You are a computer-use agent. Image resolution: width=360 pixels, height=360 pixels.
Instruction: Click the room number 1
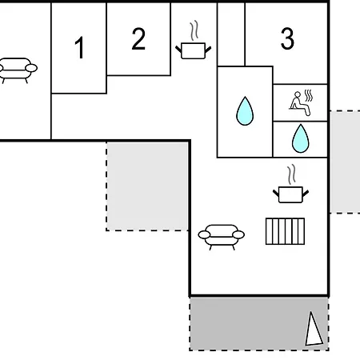(80, 47)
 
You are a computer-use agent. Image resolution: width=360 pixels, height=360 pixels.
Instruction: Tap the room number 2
(138, 39)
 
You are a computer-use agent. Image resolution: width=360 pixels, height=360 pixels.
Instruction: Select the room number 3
(287, 38)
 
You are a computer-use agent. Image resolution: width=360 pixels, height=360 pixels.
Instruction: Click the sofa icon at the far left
(18, 70)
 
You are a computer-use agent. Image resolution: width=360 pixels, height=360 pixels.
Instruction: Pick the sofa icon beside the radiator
(221, 237)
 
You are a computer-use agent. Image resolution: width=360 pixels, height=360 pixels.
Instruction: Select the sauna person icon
(300, 104)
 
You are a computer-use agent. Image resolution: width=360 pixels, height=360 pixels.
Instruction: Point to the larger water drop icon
(245, 111)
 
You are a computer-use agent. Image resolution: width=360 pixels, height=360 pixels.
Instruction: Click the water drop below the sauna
(300, 138)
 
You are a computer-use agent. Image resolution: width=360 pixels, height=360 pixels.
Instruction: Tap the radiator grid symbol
(285, 231)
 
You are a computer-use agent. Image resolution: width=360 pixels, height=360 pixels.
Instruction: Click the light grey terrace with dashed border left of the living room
(147, 186)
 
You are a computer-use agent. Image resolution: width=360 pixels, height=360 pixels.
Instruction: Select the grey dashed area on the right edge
(345, 162)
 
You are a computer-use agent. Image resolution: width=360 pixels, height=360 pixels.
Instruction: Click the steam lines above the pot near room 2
(194, 30)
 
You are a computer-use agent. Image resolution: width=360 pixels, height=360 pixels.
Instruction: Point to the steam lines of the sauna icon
(309, 95)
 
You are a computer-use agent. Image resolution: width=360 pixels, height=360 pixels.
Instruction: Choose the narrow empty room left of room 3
(231, 34)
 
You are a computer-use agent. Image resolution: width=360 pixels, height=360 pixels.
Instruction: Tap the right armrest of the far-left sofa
(31, 68)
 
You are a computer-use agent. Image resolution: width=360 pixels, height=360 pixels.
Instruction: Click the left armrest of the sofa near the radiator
(204, 234)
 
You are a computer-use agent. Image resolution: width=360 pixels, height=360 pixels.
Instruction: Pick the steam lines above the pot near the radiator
(291, 174)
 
